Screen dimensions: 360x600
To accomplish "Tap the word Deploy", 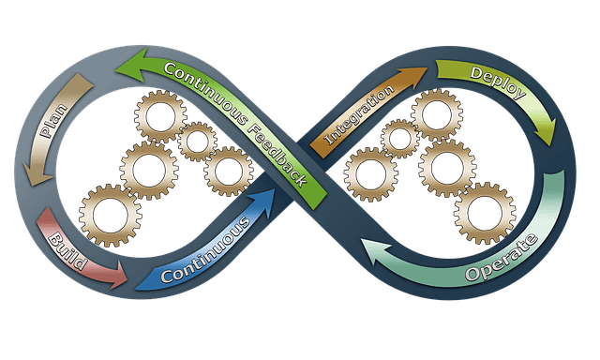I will point(493,79).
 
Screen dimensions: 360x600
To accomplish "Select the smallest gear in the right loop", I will point(400,139).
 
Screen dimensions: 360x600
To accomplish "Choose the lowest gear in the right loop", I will point(485,212).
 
